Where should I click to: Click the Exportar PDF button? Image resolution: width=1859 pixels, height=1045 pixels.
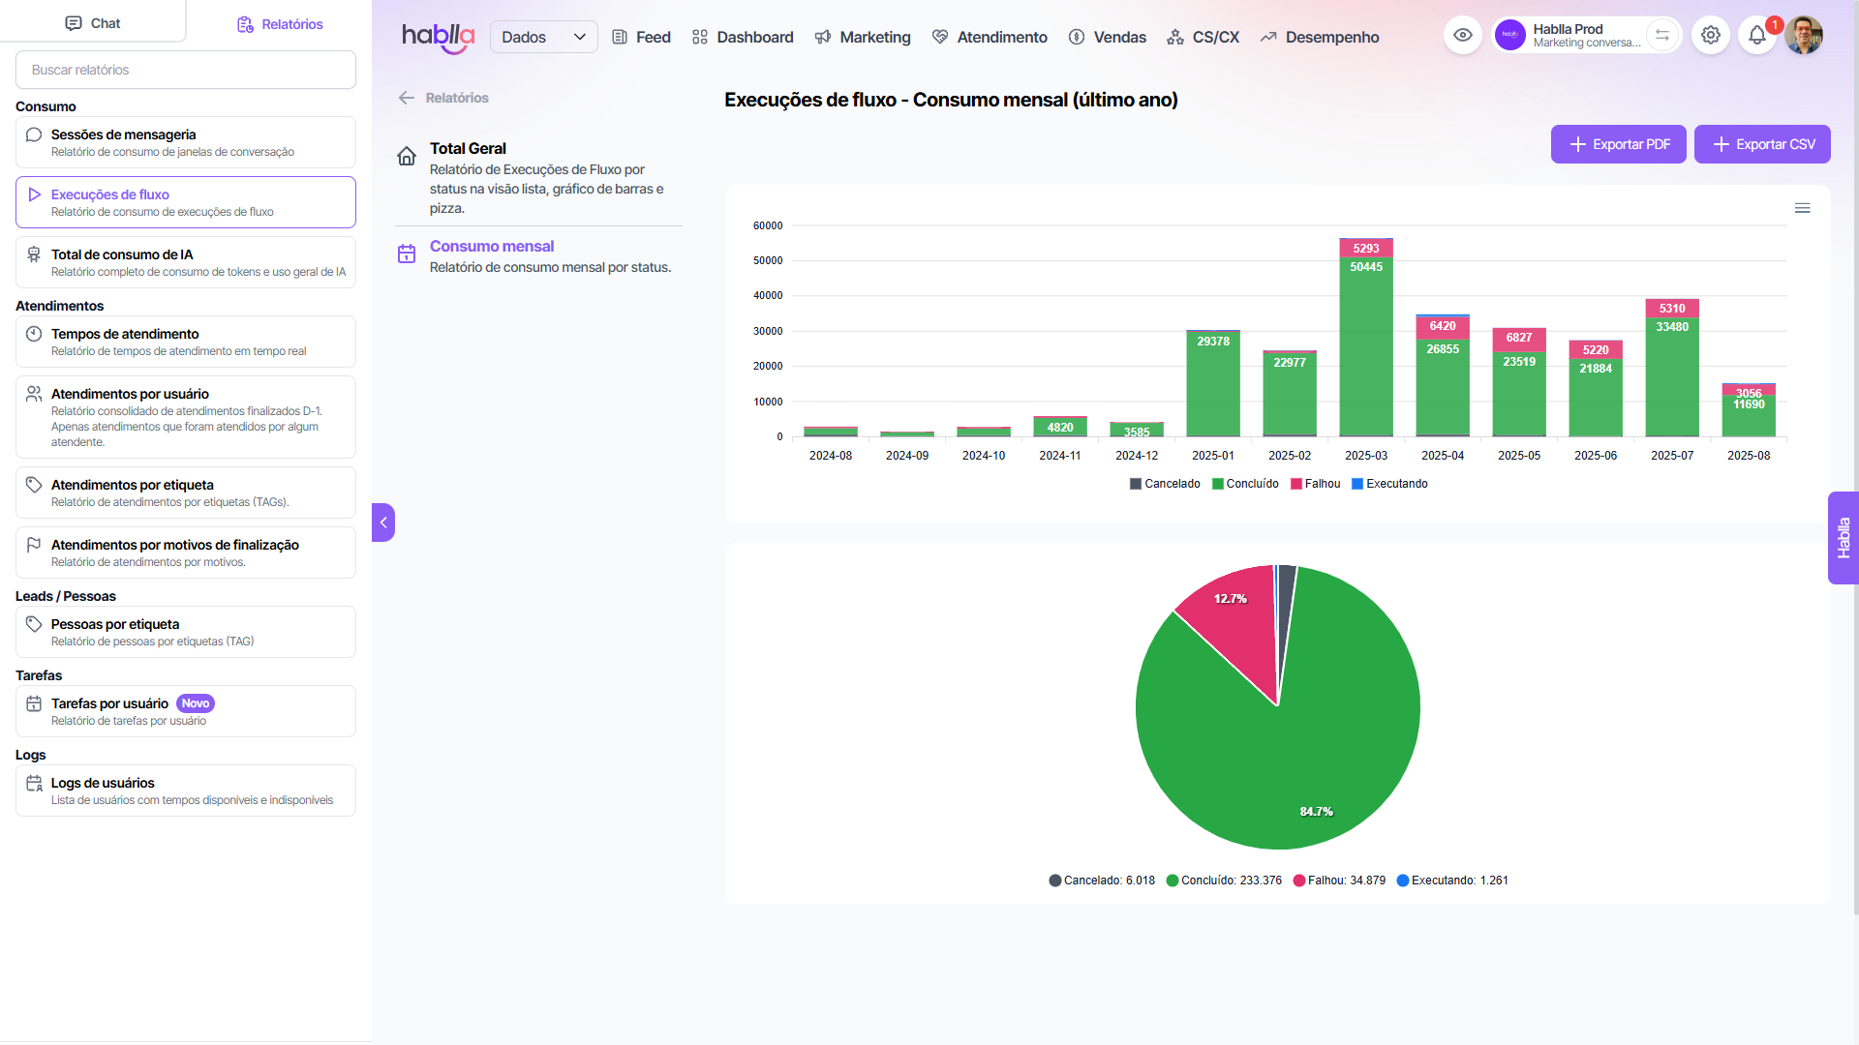pos(1618,144)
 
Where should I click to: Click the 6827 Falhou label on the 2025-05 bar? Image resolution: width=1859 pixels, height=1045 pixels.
pos(1518,338)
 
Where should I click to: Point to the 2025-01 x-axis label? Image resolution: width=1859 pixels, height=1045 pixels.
pos(1212,456)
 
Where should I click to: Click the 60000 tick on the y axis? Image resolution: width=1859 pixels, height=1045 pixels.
pos(768,225)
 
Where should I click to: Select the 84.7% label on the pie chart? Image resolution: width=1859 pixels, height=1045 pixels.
pos(1316,812)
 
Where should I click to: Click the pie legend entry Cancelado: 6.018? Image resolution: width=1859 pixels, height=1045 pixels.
pos(1102,881)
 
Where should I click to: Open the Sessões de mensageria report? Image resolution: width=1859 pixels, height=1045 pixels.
pos(185,142)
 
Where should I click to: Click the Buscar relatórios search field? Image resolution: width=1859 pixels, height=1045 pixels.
pos(185,70)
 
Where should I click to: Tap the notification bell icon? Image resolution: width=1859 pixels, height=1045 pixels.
pos(1756,36)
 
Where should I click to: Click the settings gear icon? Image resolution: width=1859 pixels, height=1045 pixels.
pos(1711,36)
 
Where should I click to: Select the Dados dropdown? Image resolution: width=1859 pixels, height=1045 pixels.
pos(543,37)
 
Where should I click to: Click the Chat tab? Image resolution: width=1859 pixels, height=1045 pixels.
pos(93,23)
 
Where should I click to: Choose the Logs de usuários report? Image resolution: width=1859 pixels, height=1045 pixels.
pos(185,791)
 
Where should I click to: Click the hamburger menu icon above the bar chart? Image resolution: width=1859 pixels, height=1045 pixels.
pos(1802,208)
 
